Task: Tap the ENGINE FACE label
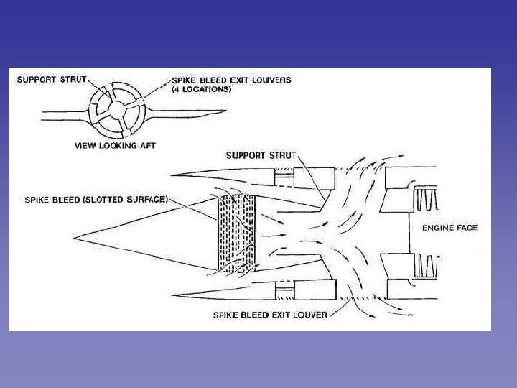click(450, 228)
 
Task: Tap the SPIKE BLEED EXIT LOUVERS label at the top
click(231, 80)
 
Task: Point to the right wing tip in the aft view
click(224, 111)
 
